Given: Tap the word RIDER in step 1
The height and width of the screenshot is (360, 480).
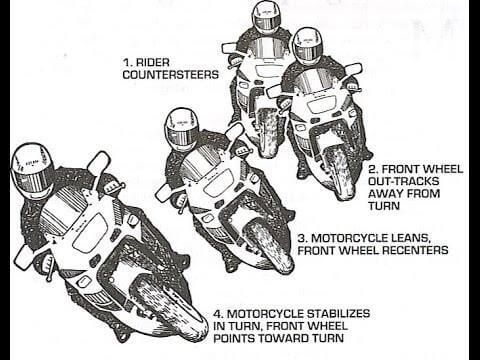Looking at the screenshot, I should (149, 60).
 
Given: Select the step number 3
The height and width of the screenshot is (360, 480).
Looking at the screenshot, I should (303, 237).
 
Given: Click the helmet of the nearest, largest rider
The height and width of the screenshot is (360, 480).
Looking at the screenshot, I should (31, 169).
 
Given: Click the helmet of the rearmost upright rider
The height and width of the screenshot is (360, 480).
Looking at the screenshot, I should (266, 17).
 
